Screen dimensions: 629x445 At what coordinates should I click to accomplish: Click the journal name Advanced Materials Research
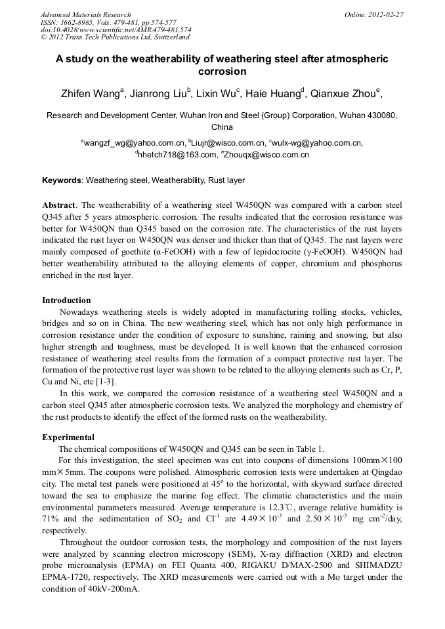pos(85,14)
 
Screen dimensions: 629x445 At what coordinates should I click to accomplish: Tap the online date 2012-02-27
pos(388,14)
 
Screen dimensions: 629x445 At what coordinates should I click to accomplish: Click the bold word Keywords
pos(62,180)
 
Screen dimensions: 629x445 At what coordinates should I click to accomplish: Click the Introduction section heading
pos(66,300)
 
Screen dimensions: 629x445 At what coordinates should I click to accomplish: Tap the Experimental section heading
pos(68,437)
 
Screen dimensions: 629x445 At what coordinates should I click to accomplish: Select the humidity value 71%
pos(51,519)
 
